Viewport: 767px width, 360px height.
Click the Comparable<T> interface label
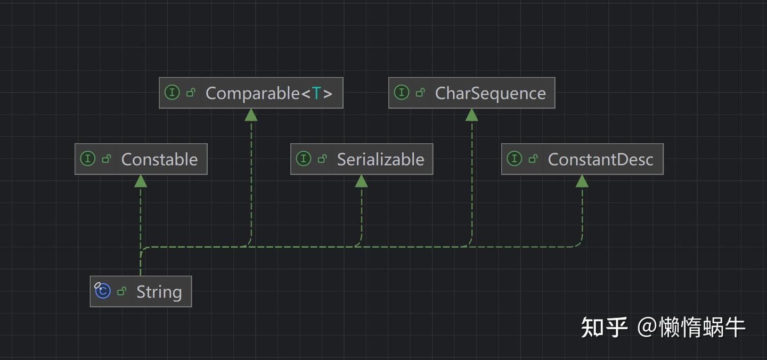(x=268, y=93)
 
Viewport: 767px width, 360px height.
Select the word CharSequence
(x=490, y=93)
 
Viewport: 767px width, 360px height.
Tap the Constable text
(x=159, y=159)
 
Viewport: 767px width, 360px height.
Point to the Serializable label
(x=380, y=159)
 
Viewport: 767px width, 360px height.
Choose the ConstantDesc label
(x=600, y=159)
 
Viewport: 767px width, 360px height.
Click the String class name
(x=159, y=292)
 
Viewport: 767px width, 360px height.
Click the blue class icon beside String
(x=102, y=291)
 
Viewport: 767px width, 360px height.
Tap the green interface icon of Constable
(x=87, y=159)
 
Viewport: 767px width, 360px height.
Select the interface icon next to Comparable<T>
(x=172, y=93)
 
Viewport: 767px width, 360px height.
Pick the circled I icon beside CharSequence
(x=401, y=93)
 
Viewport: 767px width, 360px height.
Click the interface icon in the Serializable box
(x=303, y=159)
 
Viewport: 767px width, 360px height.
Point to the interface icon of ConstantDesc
(x=514, y=159)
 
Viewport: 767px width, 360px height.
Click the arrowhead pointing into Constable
(x=141, y=181)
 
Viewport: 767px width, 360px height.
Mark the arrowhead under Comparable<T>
(x=251, y=115)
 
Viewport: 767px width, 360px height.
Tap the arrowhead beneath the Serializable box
(x=361, y=181)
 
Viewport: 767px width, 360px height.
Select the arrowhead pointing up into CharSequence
(x=471, y=115)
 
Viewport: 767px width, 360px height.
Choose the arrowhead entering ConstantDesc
(x=582, y=181)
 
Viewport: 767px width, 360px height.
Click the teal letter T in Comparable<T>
(x=316, y=93)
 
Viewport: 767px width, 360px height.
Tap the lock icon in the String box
(x=122, y=291)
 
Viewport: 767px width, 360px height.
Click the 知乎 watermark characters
(x=604, y=327)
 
